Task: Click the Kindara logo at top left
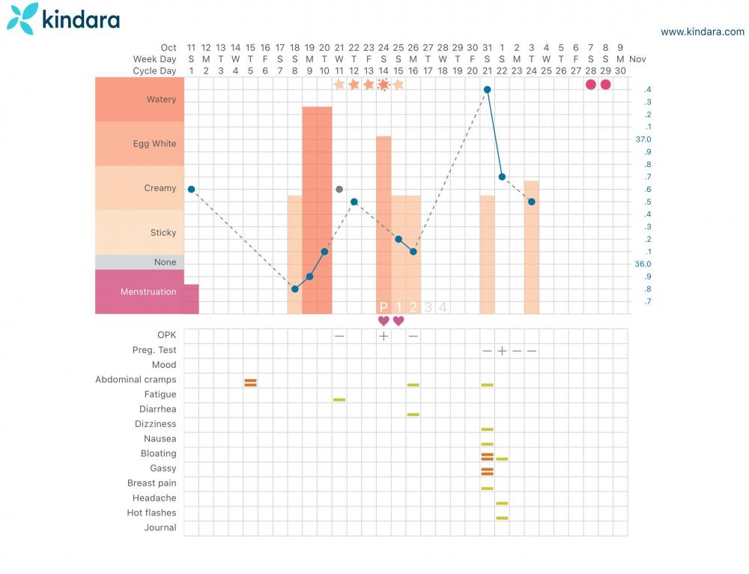63,19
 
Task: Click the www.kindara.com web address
703,31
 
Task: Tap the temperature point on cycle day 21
487,89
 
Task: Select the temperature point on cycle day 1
191,190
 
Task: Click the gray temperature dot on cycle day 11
339,190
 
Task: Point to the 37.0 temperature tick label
643,139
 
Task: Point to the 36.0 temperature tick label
643,264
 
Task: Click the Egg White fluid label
154,144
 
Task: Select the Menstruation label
148,291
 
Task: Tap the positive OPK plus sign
383,336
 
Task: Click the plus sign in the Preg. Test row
502,351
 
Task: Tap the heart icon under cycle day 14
383,321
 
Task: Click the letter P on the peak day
383,306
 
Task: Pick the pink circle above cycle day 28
591,85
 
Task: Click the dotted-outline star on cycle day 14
383,85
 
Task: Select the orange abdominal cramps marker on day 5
250,382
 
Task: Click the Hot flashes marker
502,518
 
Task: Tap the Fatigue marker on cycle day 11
339,399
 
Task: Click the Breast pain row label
152,483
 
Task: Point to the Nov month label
637,58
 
